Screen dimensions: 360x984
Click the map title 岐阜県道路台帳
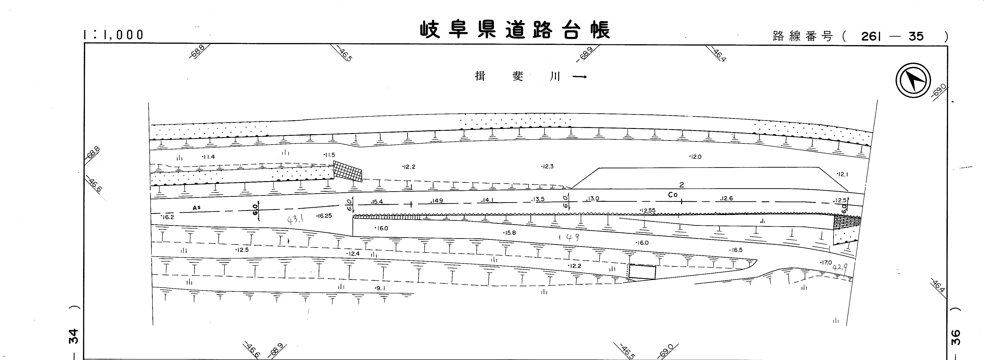point(515,30)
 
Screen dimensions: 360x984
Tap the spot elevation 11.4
point(209,157)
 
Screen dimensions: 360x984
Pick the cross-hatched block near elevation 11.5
point(347,171)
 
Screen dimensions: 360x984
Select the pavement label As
point(196,208)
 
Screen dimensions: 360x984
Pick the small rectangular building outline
point(642,272)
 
